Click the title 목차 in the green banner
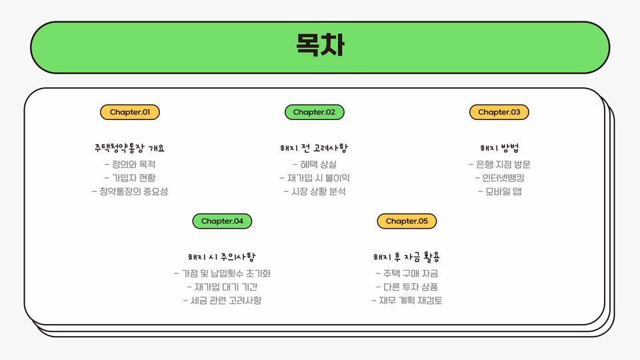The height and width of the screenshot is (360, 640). [x=320, y=47]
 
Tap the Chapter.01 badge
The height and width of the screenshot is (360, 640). [x=130, y=112]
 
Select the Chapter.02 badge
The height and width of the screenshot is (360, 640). [x=315, y=112]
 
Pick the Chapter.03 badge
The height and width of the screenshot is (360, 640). [x=499, y=112]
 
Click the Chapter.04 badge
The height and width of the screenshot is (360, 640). [x=222, y=221]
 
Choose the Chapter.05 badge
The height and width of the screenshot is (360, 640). [x=407, y=221]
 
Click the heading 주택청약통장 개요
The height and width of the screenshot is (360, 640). [x=130, y=148]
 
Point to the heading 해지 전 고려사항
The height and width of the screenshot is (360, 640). [x=315, y=148]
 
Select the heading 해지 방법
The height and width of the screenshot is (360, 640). [x=499, y=148]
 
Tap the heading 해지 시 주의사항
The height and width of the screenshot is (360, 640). [x=222, y=257]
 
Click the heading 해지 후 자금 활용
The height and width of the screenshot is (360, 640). [x=407, y=257]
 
